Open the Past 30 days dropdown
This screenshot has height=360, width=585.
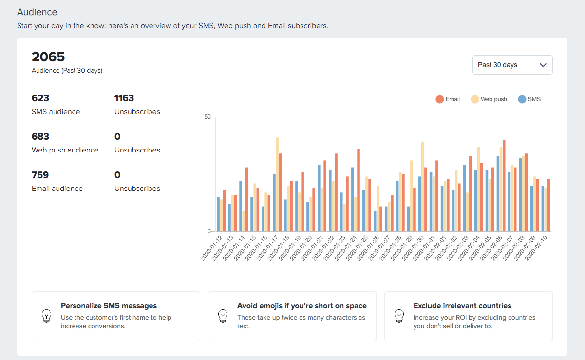pos(512,65)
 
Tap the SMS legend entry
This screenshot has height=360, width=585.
pos(529,99)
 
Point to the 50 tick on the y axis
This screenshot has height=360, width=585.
pos(208,117)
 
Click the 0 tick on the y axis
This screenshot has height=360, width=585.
pos(209,231)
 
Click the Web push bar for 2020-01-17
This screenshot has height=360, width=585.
pos(277,185)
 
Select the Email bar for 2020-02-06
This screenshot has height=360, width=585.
pos(504,186)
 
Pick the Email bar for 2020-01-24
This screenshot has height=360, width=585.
pos(359,190)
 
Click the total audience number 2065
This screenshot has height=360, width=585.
pos(48,57)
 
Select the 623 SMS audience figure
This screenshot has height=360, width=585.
pos(40,98)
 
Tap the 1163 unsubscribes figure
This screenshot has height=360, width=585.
pos(124,98)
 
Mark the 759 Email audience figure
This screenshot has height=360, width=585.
pos(40,175)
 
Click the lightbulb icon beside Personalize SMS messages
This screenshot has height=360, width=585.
pos(46,316)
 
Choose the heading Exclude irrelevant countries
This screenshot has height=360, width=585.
pos(462,306)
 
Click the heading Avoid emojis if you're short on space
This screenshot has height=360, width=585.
pos(302,306)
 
